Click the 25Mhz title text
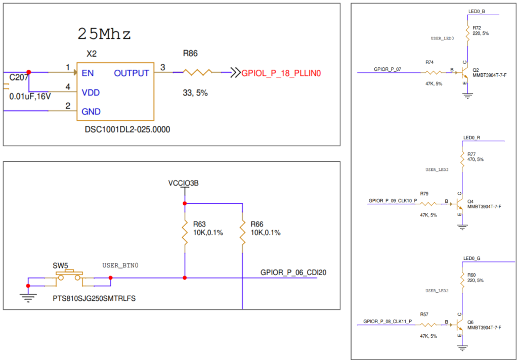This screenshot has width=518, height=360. click(x=104, y=34)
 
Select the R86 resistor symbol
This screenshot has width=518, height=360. click(x=197, y=72)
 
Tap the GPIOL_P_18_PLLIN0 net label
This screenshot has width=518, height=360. click(x=281, y=73)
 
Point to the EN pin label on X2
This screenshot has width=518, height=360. click(x=88, y=73)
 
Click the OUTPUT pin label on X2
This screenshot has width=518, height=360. click(x=132, y=73)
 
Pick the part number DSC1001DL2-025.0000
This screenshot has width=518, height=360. click(x=127, y=129)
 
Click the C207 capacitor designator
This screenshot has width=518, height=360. click(x=19, y=78)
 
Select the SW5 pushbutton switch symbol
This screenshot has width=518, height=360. click(x=69, y=277)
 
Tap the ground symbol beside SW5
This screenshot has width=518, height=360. click(x=28, y=298)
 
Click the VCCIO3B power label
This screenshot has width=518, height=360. click(x=183, y=184)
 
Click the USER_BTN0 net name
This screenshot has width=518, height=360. click(x=120, y=265)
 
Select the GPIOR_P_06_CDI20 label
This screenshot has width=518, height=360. click(x=293, y=273)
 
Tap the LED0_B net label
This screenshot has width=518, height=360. click(x=477, y=11)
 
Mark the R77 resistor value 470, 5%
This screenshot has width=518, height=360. click(x=476, y=160)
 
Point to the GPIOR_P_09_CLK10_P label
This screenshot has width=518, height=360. click(x=393, y=201)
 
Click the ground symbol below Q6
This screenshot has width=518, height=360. click(x=462, y=348)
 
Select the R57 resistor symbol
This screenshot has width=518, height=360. click(x=427, y=325)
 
